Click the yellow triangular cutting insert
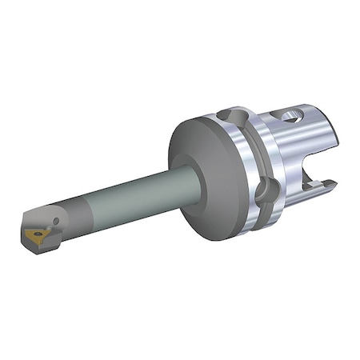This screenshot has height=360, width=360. pos(37,234)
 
